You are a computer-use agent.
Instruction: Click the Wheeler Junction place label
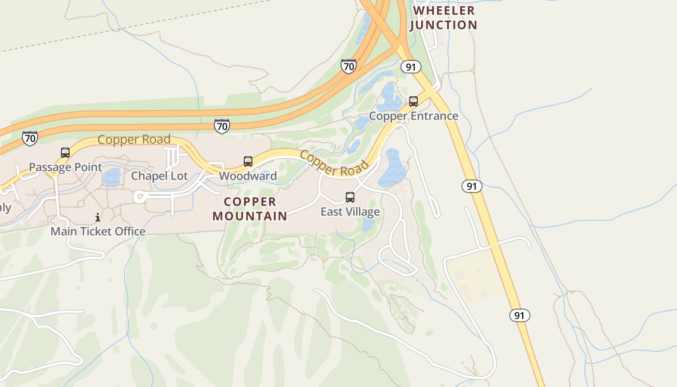pyautogui.click(x=443, y=17)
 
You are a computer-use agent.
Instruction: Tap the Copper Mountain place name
pyautogui.click(x=250, y=208)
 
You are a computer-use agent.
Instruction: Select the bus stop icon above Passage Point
pyautogui.click(x=65, y=153)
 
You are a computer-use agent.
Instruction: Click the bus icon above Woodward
pyautogui.click(x=248, y=162)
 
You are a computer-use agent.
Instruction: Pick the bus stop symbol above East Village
pyautogui.click(x=350, y=197)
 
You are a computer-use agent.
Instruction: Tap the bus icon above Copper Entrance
pyautogui.click(x=413, y=102)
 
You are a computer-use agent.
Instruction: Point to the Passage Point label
pyautogui.click(x=66, y=167)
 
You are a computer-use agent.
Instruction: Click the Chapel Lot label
pyautogui.click(x=159, y=176)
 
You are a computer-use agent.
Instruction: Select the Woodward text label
pyautogui.click(x=248, y=176)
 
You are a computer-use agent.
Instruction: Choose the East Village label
pyautogui.click(x=350, y=212)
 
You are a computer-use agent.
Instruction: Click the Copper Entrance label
pyautogui.click(x=413, y=116)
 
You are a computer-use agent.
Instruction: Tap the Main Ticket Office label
pyautogui.click(x=98, y=231)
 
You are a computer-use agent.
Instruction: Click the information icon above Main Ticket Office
pyautogui.click(x=98, y=217)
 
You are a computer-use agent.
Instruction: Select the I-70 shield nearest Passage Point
pyautogui.click(x=30, y=138)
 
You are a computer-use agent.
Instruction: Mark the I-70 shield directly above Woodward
pyautogui.click(x=222, y=126)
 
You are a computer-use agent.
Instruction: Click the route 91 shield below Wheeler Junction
pyautogui.click(x=411, y=67)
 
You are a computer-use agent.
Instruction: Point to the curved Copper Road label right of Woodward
pyautogui.click(x=334, y=164)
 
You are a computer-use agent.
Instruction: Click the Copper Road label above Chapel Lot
pyautogui.click(x=134, y=140)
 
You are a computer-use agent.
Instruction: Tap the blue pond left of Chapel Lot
pyautogui.click(x=112, y=178)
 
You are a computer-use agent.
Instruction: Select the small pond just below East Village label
pyautogui.click(x=368, y=224)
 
